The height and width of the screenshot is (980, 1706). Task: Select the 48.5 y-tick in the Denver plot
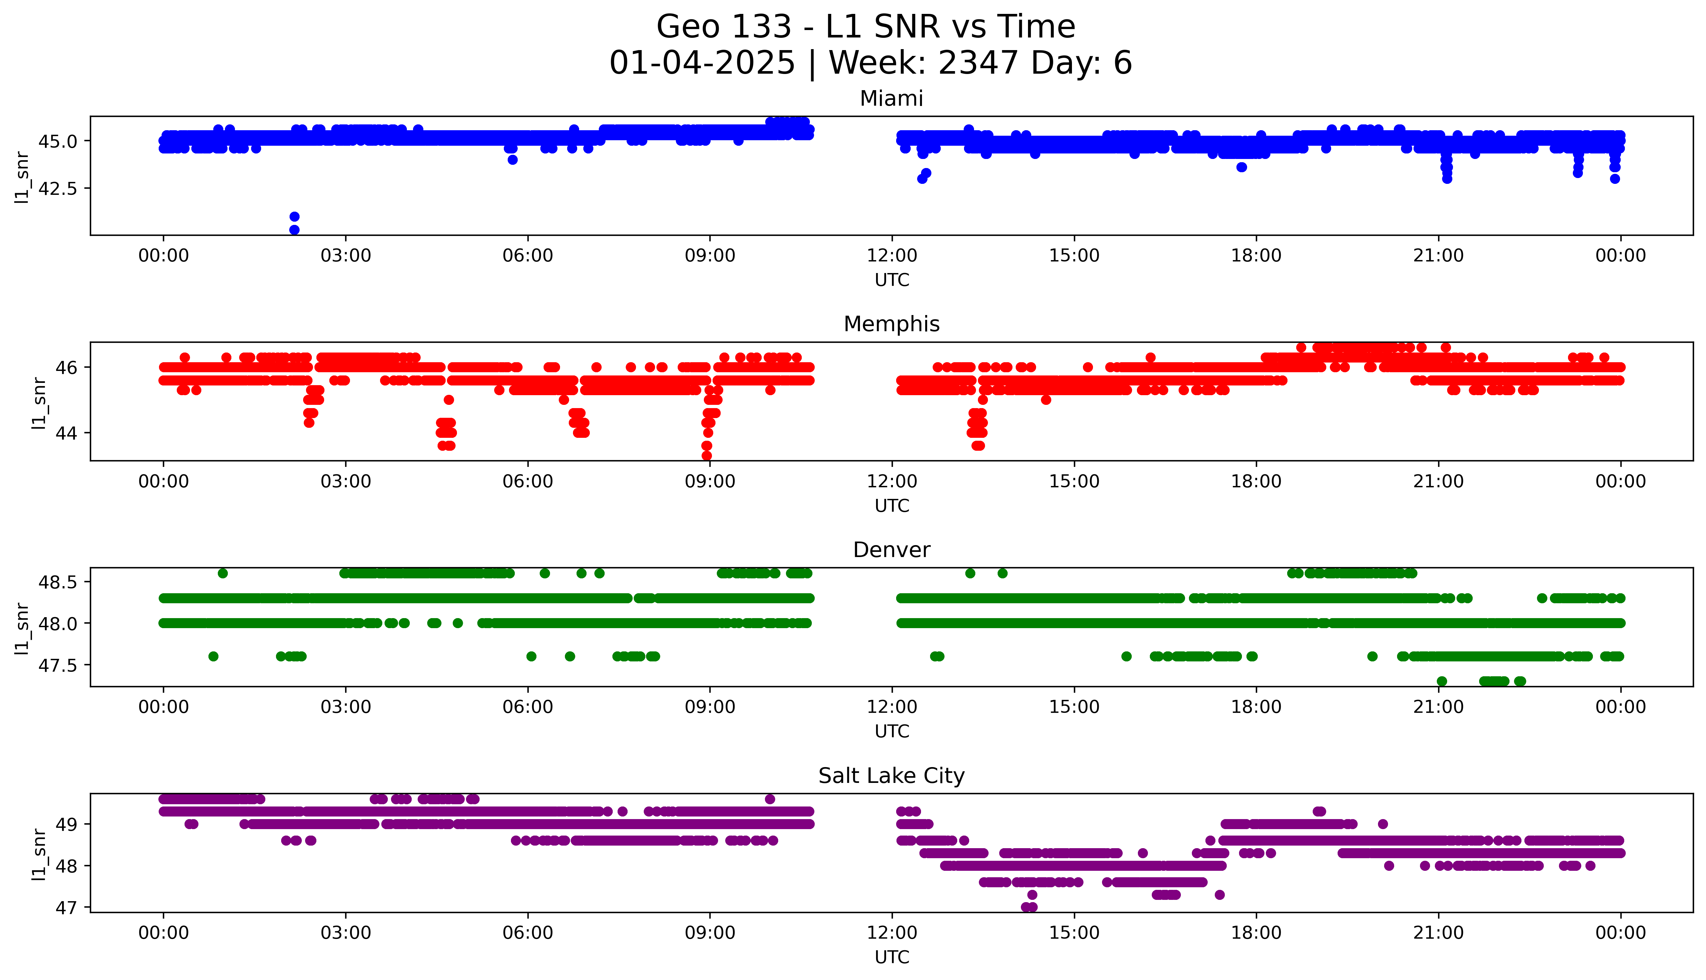[58, 582]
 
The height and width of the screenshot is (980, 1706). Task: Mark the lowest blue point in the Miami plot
[294, 229]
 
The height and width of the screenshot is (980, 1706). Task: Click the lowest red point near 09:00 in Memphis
[707, 456]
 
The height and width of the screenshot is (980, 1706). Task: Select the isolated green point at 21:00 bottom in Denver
[1442, 681]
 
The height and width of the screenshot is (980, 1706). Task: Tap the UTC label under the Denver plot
[892, 732]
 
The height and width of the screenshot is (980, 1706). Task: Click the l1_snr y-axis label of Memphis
[39, 403]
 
